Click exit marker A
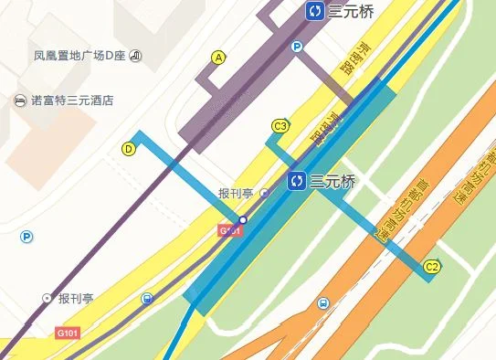tap(217, 58)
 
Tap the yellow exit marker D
tap(129, 148)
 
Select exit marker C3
tap(280, 126)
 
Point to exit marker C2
tap(433, 267)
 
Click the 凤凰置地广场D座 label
tap(80, 57)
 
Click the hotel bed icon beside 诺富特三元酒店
tap(20, 100)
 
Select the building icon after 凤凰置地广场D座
tap(136, 57)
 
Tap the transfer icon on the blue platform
tap(296, 181)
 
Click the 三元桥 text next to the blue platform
tap(332, 181)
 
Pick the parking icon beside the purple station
tap(296, 47)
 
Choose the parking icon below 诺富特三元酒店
tap(26, 238)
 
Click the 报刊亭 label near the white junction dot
tap(237, 194)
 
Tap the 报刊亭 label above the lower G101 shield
tap(76, 299)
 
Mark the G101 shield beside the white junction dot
tap(231, 231)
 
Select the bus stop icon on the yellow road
tap(148, 298)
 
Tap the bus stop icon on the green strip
tap(322, 303)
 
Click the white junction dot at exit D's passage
tap(242, 220)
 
